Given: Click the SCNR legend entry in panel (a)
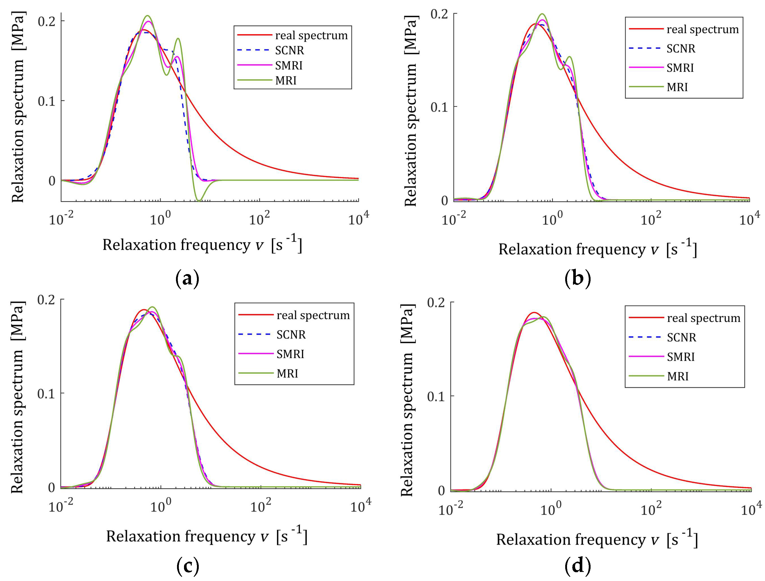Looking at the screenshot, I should pyautogui.click(x=289, y=50).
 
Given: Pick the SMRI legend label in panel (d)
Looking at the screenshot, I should pyautogui.click(x=681, y=357).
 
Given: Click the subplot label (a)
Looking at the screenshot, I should pyautogui.click(x=187, y=278).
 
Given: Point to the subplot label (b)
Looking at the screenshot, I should pyautogui.click(x=577, y=278).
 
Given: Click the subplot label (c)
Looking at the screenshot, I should pyautogui.click(x=187, y=566).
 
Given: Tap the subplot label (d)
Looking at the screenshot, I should pyautogui.click(x=577, y=566).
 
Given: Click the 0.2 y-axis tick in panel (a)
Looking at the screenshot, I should pyautogui.click(x=46, y=21).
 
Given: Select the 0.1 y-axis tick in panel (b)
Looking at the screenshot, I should pyautogui.click(x=439, y=107).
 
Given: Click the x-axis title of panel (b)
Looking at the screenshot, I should pyautogui.click(x=597, y=249).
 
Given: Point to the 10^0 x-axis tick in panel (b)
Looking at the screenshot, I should pyautogui.click(x=552, y=220).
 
